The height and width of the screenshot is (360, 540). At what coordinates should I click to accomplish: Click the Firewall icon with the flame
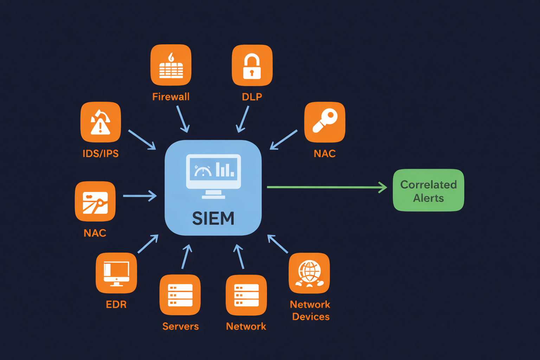pyautogui.click(x=171, y=65)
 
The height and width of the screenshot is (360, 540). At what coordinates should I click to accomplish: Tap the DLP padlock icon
pyautogui.click(x=252, y=65)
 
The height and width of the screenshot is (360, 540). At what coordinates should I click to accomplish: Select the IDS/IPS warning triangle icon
pyautogui.click(x=101, y=122)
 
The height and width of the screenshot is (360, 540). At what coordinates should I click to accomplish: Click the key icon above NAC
pyautogui.click(x=324, y=122)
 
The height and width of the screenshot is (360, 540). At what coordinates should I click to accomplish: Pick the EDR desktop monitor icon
pyautogui.click(x=116, y=273)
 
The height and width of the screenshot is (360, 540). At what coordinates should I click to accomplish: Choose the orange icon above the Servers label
pyautogui.click(x=180, y=295)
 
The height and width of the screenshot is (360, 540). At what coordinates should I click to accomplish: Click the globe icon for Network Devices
pyautogui.click(x=309, y=273)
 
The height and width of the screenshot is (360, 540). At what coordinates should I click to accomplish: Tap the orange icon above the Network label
pyautogui.click(x=246, y=295)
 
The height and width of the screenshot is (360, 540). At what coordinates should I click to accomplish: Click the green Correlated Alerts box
pyautogui.click(x=428, y=190)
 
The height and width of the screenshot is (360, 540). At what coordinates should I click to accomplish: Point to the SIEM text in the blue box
pyautogui.click(x=213, y=218)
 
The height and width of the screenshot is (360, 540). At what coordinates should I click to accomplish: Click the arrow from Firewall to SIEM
pyautogui.click(x=183, y=119)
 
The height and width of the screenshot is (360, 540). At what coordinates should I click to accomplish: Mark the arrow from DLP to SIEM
pyautogui.click(x=243, y=119)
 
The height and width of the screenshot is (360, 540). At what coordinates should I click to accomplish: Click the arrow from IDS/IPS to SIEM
pyautogui.click(x=142, y=140)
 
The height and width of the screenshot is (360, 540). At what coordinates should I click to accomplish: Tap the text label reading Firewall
pyautogui.click(x=171, y=97)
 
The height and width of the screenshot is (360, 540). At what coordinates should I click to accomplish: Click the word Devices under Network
pyautogui.click(x=311, y=317)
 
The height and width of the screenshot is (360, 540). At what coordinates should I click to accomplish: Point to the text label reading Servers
pyautogui.click(x=180, y=326)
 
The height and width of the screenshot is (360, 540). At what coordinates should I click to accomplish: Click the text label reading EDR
pyautogui.click(x=116, y=304)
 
